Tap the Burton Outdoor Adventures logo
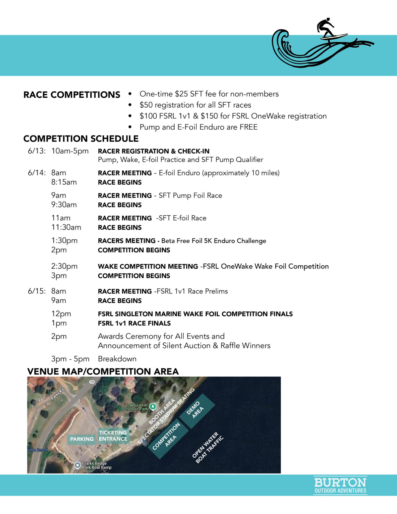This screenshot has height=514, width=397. point(340,485)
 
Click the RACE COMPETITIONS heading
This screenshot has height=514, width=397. point(72,95)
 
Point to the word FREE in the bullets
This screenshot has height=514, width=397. point(248,127)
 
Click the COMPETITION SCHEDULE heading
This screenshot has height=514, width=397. point(81,139)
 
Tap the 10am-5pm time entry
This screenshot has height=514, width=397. point(70,151)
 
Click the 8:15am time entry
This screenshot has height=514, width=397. point(64,182)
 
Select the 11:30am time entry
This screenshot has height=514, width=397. point(66,227)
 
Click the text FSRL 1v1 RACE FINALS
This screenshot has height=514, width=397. point(134,323)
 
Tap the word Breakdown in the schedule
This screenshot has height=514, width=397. point(117,359)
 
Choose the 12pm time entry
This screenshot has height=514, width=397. point(61,313)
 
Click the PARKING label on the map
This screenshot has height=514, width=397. point(82,439)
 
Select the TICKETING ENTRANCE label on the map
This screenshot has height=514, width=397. point(113,436)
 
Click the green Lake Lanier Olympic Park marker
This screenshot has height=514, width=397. point(153,406)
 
